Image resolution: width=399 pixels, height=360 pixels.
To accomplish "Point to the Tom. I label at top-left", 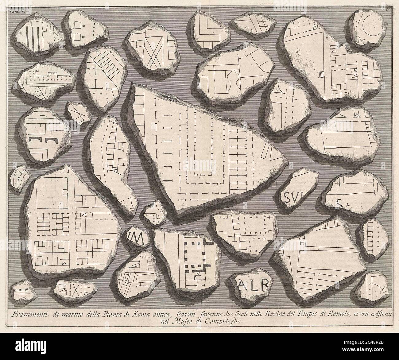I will (14, 3).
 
